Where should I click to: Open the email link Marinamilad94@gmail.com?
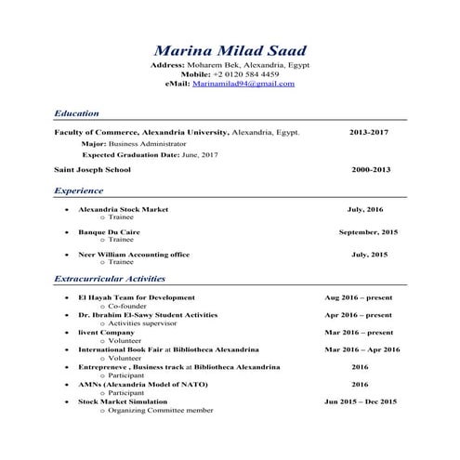(243, 84)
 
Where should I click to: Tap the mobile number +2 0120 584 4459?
(245, 74)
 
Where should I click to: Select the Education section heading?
(76, 113)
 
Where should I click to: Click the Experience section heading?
(78, 191)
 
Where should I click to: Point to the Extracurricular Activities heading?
(110, 279)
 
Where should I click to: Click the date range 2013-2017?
(369, 133)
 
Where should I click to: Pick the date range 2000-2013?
(371, 170)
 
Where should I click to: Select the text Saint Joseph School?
(92, 170)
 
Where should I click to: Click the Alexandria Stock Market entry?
(123, 209)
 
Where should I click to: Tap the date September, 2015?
(368, 231)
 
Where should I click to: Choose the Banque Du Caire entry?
(109, 231)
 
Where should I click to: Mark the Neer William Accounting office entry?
(134, 254)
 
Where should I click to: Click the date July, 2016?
(365, 209)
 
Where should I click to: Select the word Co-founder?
(129, 306)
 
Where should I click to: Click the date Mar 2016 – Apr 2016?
(361, 349)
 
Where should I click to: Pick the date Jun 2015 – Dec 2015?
(361, 401)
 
